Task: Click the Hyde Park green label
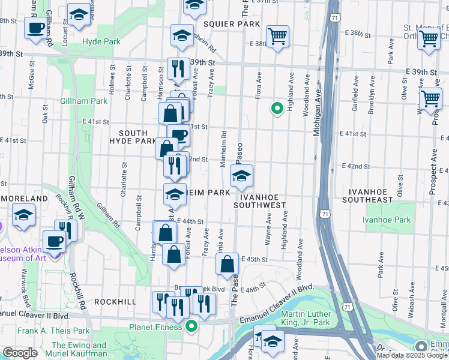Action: click(101, 41)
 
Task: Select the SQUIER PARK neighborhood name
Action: click(231, 24)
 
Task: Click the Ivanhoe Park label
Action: click(387, 220)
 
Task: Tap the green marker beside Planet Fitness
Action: click(191, 326)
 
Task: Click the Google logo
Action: click(20, 353)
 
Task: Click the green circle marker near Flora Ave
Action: click(277, 109)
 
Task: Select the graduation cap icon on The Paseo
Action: click(241, 176)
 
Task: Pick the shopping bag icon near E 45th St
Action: click(228, 263)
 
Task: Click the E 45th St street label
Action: click(254, 259)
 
